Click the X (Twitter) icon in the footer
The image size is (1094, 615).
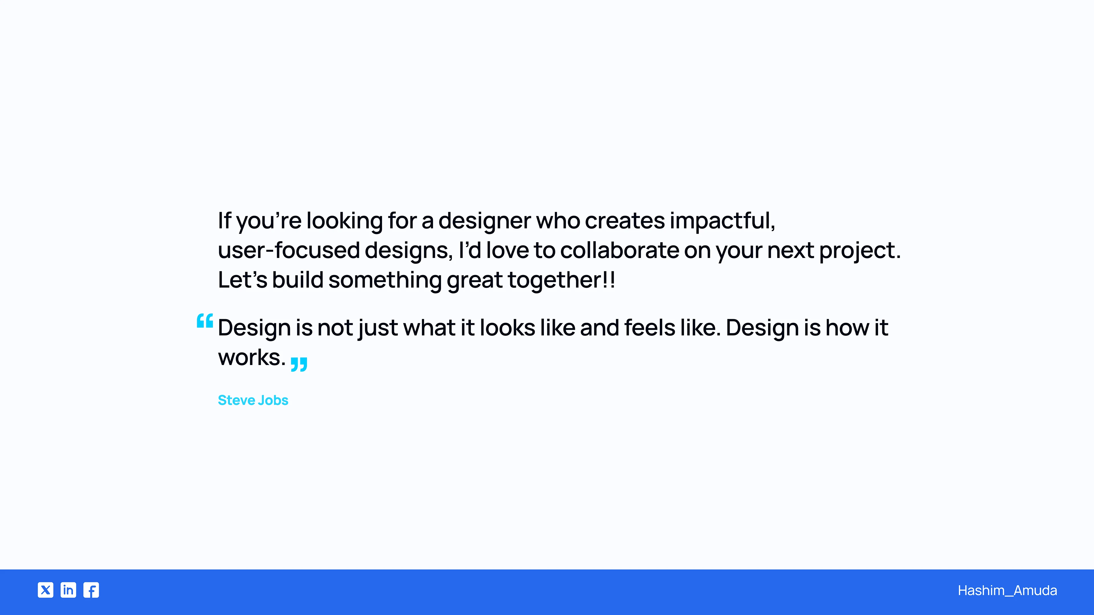click(46, 590)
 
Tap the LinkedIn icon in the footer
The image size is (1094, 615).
click(68, 590)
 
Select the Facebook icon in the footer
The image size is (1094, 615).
click(91, 590)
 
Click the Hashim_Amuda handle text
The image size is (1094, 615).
click(1007, 591)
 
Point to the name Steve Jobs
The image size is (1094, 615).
click(253, 400)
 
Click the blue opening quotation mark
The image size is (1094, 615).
click(205, 321)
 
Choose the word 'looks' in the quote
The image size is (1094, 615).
click(507, 328)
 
